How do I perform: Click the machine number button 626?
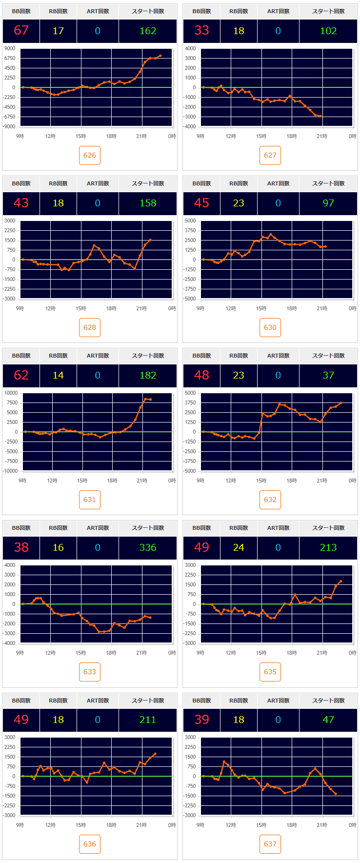[90, 155]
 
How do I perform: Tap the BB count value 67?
[21, 30]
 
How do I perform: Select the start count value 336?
[148, 547]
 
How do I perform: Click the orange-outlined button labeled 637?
[270, 844]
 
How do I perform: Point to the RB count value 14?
[58, 375]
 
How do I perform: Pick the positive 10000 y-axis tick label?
[11, 393]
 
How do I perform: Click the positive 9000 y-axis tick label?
[10, 48]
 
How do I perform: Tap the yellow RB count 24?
[239, 547]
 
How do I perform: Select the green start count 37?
[328, 375]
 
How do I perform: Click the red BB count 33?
[201, 30]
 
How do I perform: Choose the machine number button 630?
[270, 327]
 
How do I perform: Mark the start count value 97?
[328, 203]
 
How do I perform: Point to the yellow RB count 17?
[58, 31]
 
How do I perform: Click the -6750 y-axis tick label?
[9, 117]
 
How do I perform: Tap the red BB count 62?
[21, 375]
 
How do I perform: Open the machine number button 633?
[90, 672]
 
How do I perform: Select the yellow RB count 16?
[58, 547]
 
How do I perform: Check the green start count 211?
[148, 720]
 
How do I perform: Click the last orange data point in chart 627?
[320, 116]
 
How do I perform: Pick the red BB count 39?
[201, 720]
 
